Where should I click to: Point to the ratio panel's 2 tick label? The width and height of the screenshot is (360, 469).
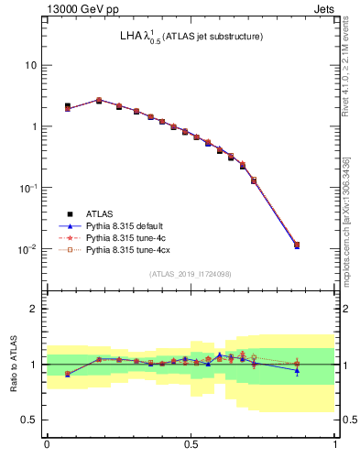(x=35, y=309)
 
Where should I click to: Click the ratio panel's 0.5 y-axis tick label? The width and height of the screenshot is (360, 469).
(x=31, y=420)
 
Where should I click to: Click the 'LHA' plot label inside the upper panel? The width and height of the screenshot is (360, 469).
(x=131, y=37)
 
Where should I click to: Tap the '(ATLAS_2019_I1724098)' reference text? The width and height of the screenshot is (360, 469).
(x=191, y=274)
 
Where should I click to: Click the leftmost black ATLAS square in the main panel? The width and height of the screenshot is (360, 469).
(x=68, y=106)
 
